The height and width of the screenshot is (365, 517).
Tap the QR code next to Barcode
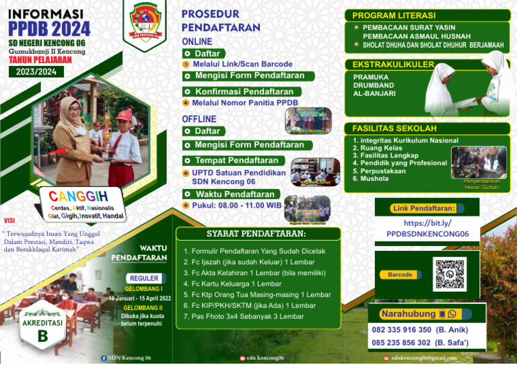(450, 274)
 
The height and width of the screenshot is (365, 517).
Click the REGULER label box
(145, 278)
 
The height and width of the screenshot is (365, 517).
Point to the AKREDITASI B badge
(42, 329)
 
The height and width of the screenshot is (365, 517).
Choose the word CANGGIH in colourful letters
(78, 196)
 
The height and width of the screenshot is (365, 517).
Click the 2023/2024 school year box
(36, 72)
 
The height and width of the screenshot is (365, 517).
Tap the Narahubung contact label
(409, 314)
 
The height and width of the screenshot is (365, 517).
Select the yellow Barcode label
(400, 274)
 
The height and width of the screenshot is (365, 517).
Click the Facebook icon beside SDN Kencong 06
(103, 358)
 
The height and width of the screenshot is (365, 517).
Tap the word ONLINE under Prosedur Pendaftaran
(197, 42)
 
